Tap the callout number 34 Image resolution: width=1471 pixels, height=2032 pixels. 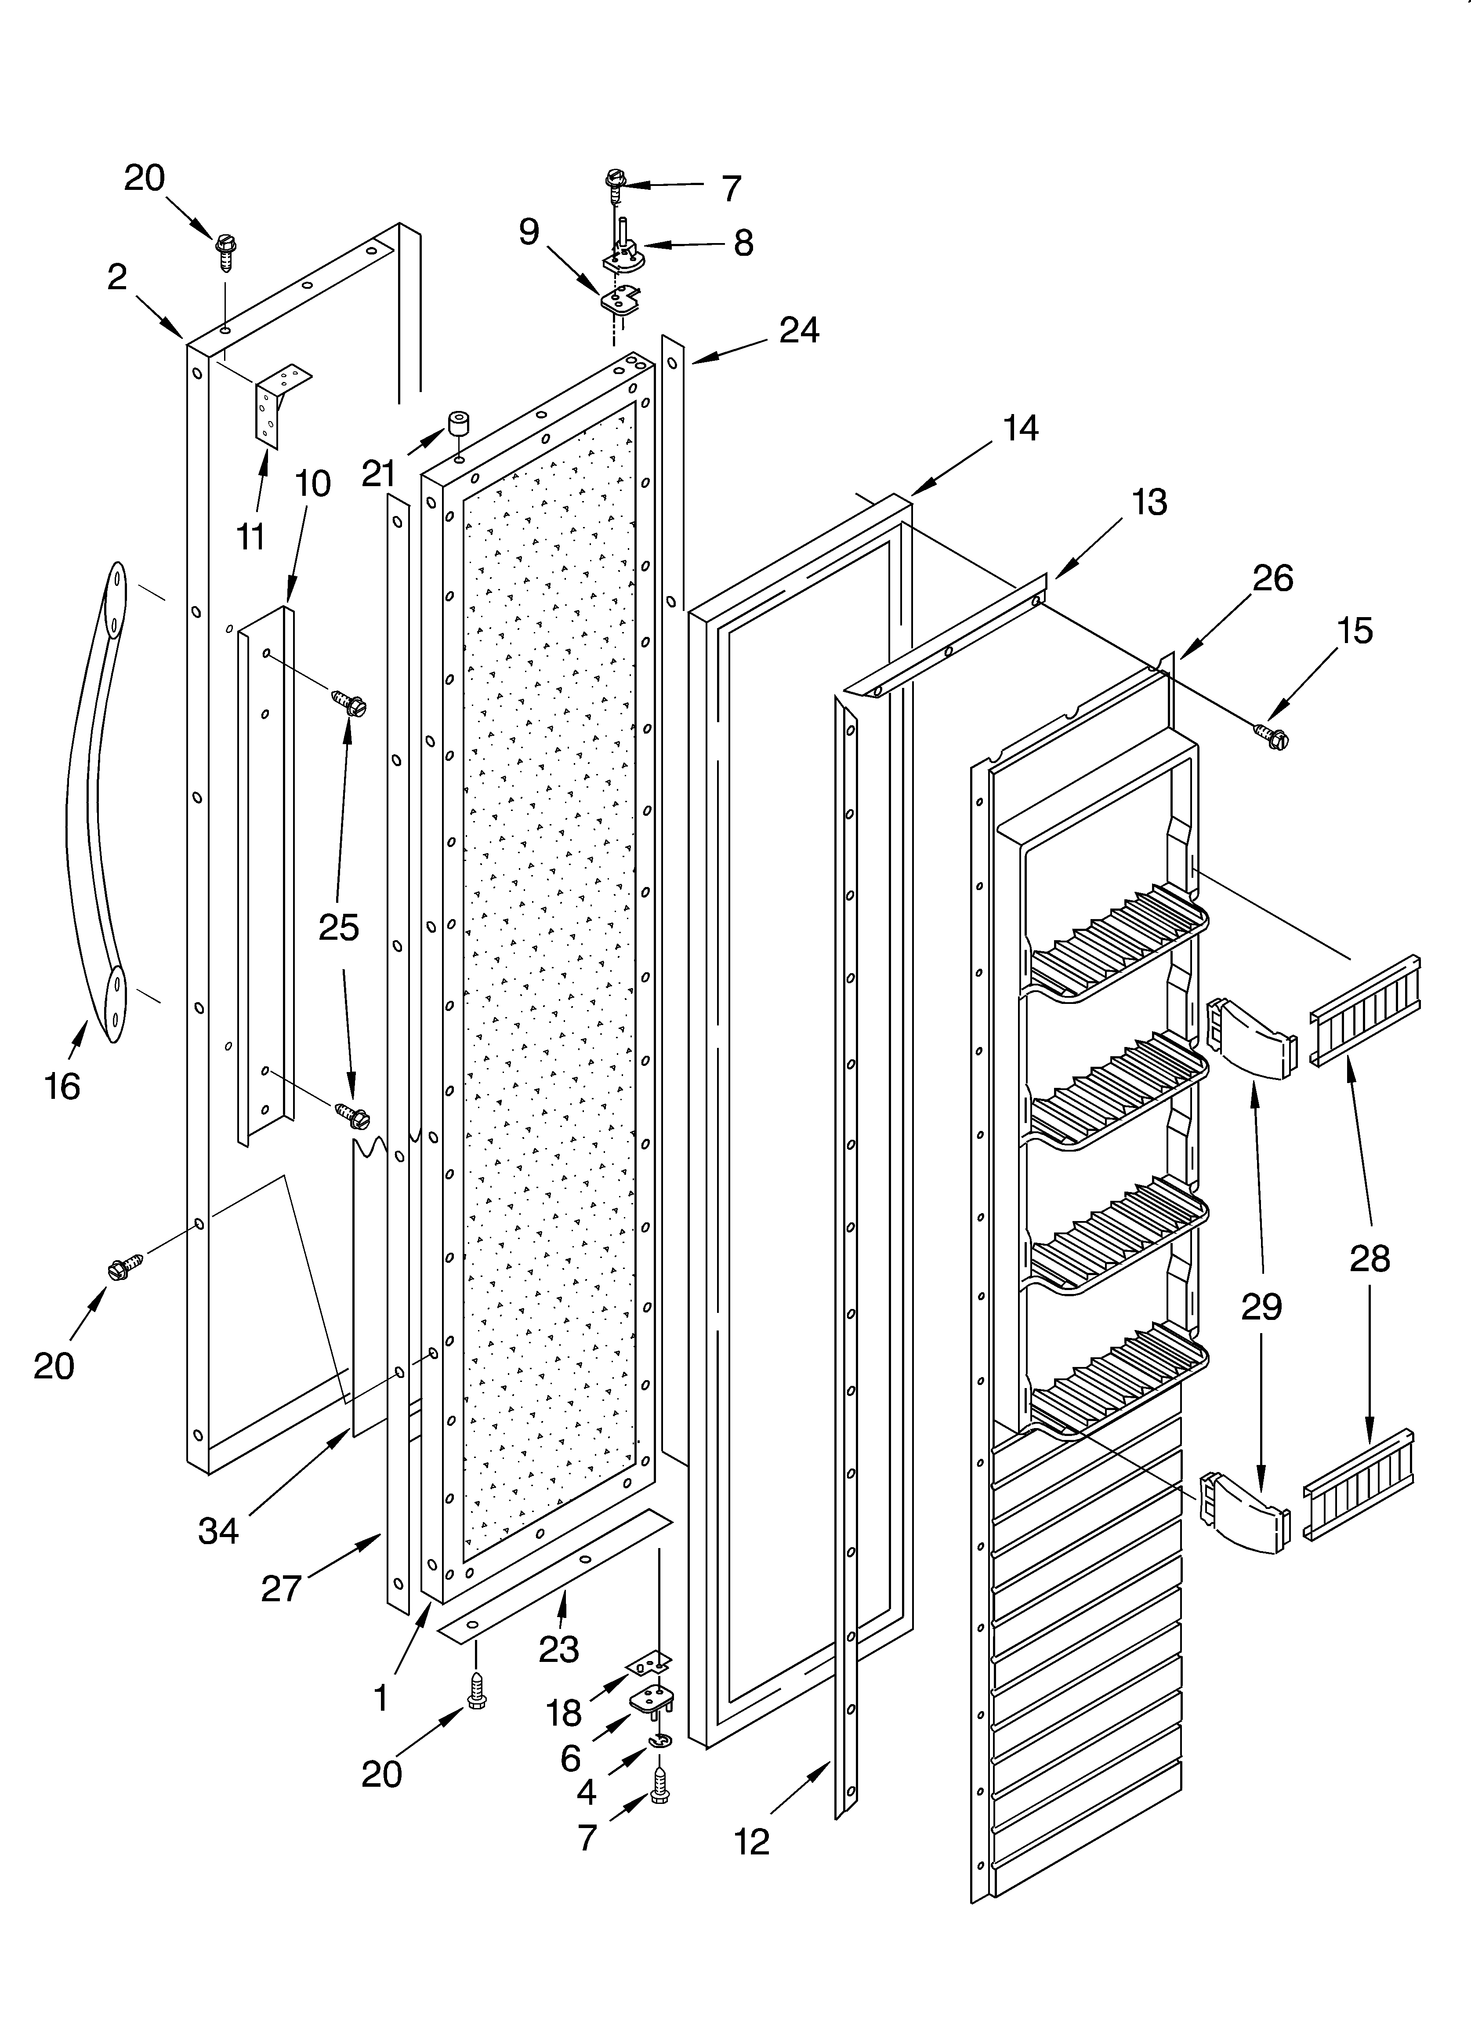(219, 1530)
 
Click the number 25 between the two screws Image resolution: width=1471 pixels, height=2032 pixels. (339, 927)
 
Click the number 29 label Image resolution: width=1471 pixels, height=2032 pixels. (1261, 1307)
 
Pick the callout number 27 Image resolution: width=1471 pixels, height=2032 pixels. (281, 1589)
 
